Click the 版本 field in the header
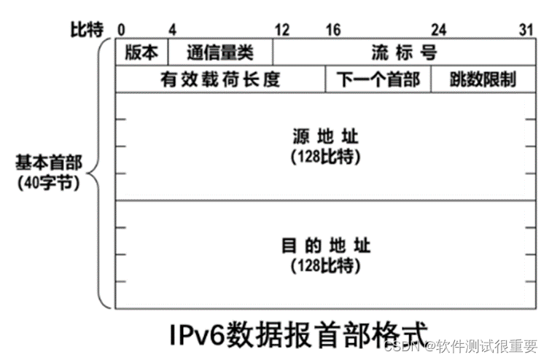coord(141,52)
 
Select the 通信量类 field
coord(220,52)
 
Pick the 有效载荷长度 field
coord(220,79)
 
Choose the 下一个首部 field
coord(378,79)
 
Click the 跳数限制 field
coord(483,79)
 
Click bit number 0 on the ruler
coord(121,30)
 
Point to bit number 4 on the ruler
coord(172,30)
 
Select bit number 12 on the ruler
coord(281,30)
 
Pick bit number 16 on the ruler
coord(333,30)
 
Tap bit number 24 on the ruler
coord(438,30)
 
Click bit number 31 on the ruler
coord(526,30)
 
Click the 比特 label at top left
coord(87,30)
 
